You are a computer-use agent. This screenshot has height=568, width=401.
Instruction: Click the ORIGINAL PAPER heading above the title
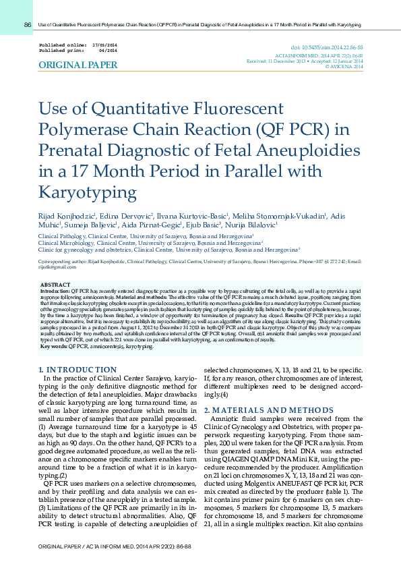(78, 65)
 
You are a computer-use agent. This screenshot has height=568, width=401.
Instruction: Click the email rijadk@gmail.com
(53, 267)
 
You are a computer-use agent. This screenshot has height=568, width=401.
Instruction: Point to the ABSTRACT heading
(55, 285)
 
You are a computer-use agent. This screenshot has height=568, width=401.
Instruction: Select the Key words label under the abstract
(54, 346)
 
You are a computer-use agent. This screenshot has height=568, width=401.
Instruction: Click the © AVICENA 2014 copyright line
(344, 66)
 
